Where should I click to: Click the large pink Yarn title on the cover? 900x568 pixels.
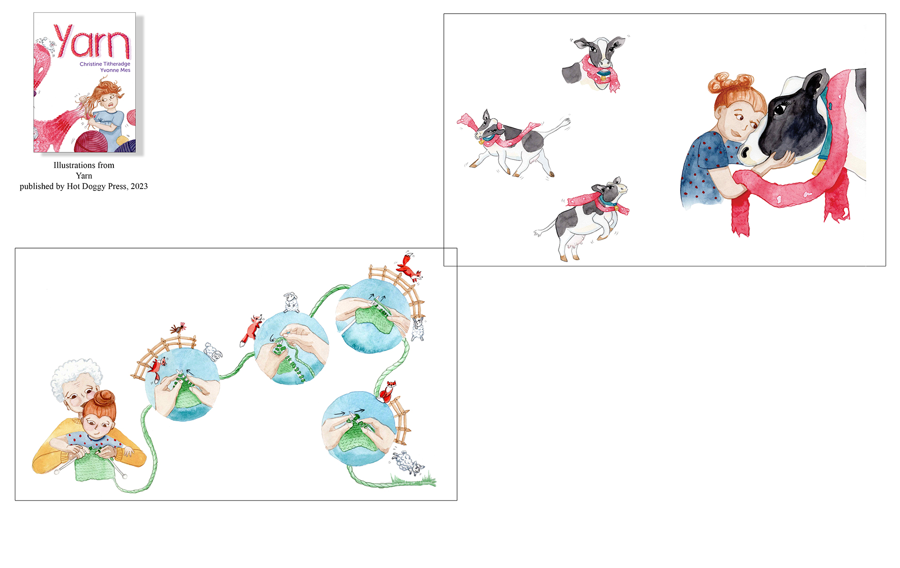coord(92,41)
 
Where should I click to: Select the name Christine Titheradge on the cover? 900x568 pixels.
coord(105,64)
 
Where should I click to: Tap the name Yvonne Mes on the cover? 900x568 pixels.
coord(115,70)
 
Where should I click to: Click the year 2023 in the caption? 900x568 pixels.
coord(139,186)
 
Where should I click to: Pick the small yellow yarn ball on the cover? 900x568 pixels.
coord(122,140)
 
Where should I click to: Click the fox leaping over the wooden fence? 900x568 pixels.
coord(409,267)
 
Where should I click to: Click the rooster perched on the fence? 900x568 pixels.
coord(178,327)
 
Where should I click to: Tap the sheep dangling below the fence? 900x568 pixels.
coord(418,328)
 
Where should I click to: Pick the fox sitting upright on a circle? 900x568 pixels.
coord(387,392)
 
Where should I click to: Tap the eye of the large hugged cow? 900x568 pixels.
coord(780,110)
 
